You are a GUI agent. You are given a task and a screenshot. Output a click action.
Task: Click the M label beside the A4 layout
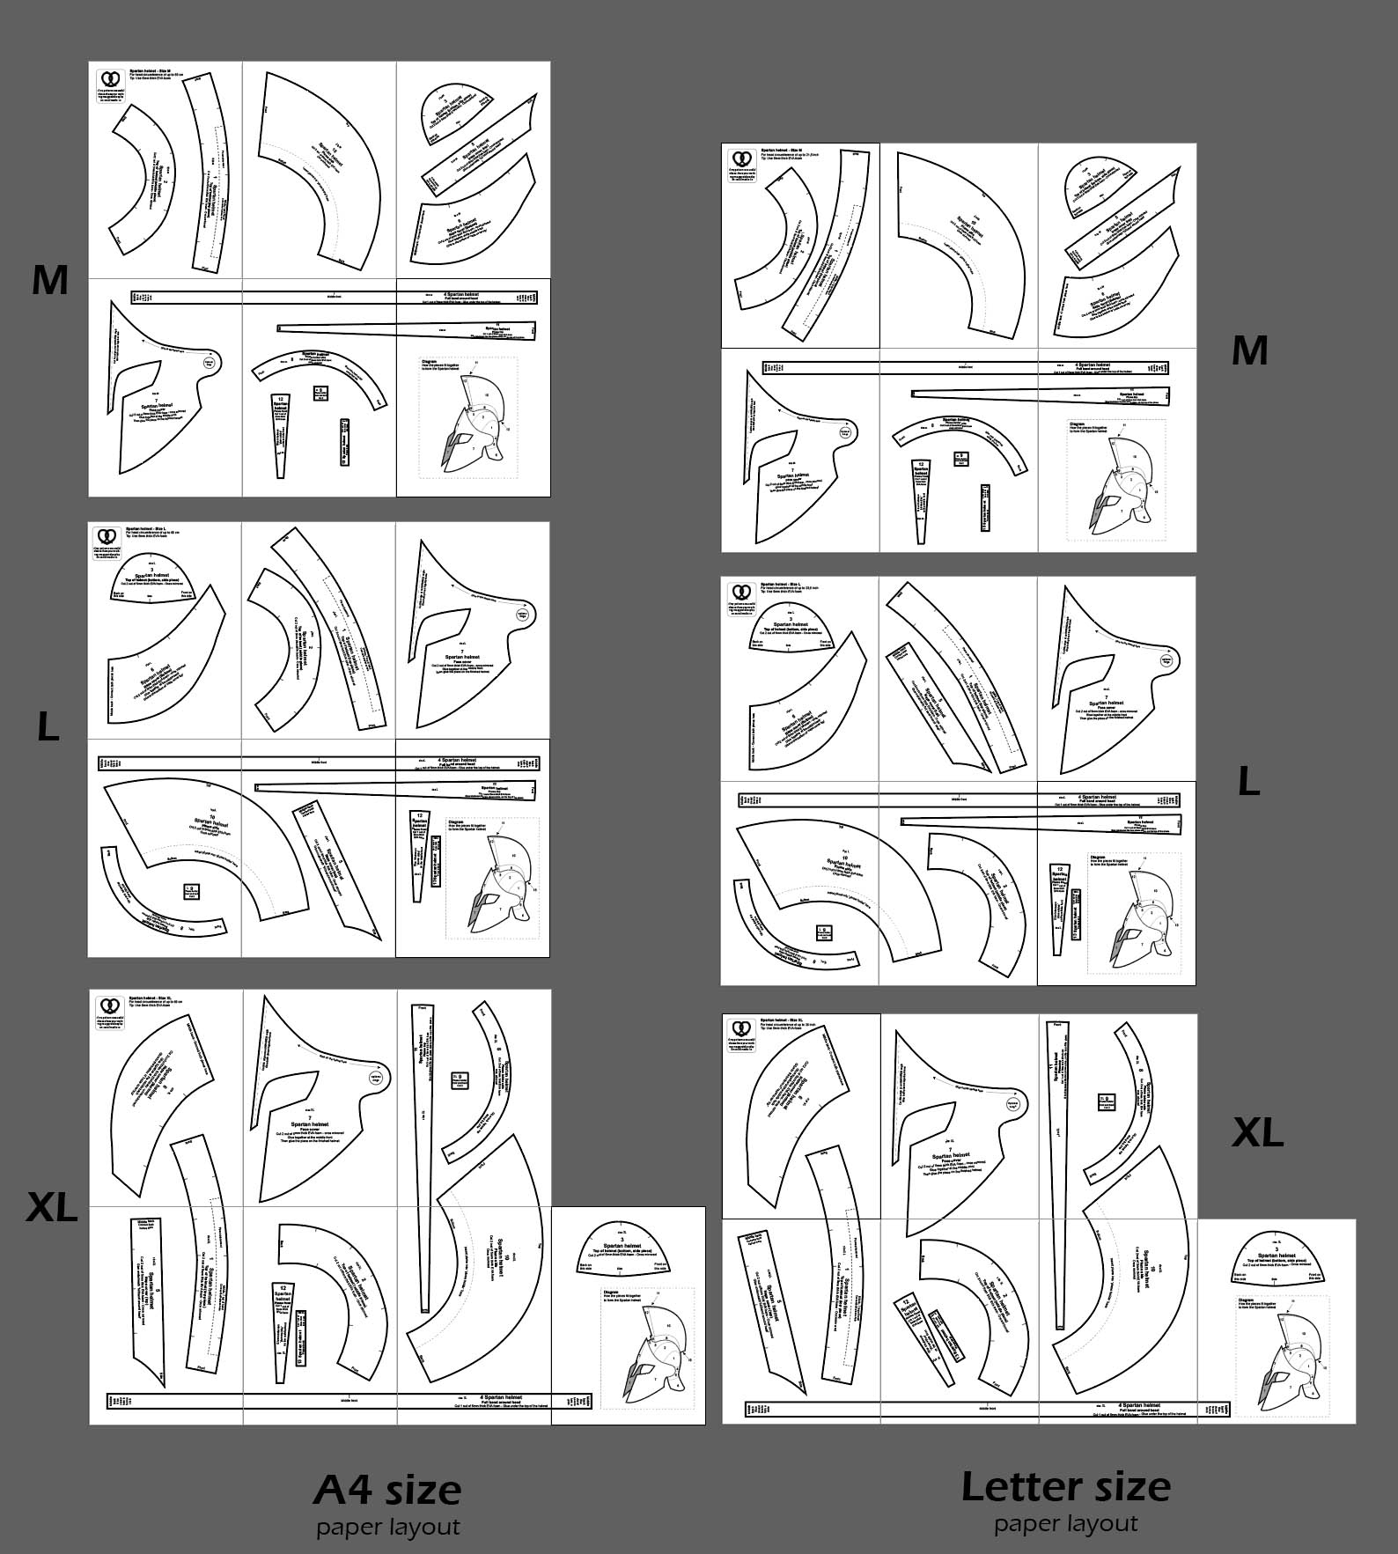50,280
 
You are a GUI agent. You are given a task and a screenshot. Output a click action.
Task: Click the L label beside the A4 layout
48,727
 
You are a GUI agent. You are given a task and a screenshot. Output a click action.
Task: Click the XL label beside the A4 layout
52,1207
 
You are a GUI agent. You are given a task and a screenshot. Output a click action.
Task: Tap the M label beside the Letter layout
1249,350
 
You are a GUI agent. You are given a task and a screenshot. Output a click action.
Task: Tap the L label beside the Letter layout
1248,781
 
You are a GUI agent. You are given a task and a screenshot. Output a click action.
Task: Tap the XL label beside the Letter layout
1257,1132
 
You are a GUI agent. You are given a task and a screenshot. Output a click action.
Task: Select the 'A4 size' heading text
387,1491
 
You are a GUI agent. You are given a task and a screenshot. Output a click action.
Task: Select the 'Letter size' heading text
1065,1486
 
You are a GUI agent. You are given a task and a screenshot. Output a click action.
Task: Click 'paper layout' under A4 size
387,1527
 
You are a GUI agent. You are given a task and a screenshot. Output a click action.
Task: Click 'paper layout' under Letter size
1065,1523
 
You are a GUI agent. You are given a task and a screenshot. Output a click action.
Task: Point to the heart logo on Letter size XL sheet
740,1028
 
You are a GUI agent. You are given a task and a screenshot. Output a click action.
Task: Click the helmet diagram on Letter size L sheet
1135,916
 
